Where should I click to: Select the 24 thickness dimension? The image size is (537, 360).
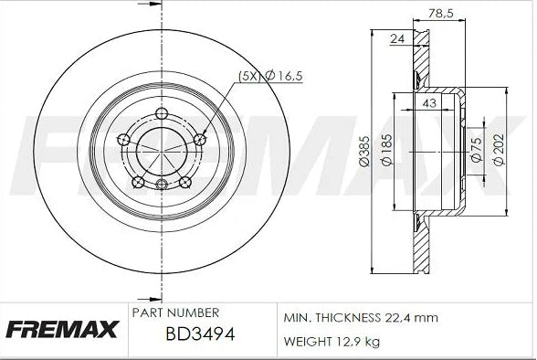(x=397, y=38)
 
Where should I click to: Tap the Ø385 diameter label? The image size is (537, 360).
(x=363, y=155)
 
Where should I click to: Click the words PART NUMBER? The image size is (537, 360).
(x=175, y=312)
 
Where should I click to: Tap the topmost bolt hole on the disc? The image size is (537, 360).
(x=162, y=114)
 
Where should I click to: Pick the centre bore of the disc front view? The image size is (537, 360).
(x=162, y=150)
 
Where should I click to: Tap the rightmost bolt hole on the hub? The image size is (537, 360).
(x=201, y=139)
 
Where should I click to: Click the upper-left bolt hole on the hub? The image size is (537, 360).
(x=124, y=140)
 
